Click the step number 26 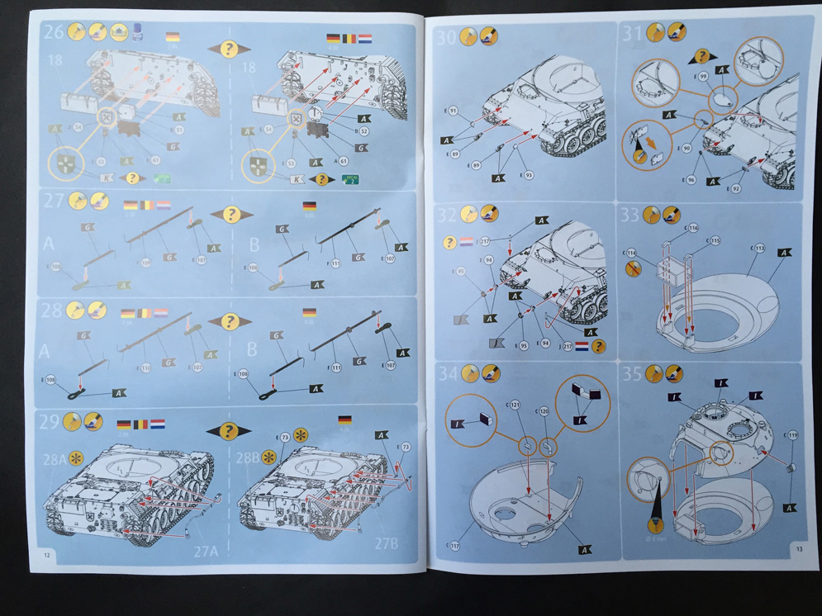coord(54,32)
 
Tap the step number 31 coord(632,33)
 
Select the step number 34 coord(447,373)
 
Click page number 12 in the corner coord(48,555)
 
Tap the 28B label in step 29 coord(248,458)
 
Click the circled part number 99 coord(704,76)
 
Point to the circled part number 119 coord(793,434)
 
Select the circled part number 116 coord(692,228)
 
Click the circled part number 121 coord(515,405)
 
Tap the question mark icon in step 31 coord(702,56)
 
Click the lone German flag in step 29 coord(344,420)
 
